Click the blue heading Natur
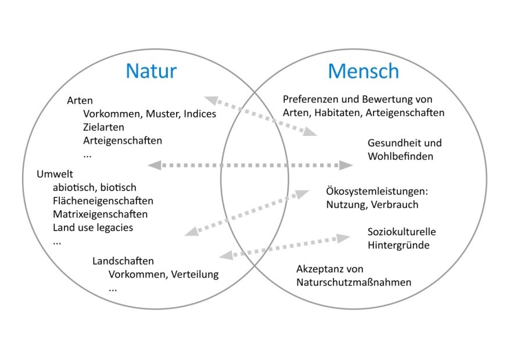151,71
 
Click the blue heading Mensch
363,71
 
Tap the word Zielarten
103,127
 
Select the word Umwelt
55,174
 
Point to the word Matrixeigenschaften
100,214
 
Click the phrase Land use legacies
93,228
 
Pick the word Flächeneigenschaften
103,201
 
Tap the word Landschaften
123,261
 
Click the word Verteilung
195,274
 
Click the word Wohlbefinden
400,156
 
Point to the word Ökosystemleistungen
377,191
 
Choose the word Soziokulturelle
402,232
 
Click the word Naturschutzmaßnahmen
354,282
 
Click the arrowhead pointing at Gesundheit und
346,165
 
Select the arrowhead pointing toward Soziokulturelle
343,238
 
